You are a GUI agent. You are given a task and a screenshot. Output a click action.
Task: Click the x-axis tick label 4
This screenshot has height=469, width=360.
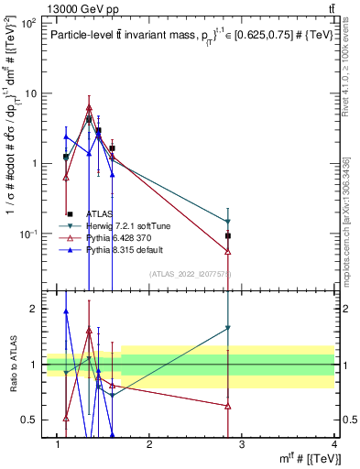[333, 444]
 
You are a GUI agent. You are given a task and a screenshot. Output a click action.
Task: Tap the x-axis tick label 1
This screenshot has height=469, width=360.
[58, 444]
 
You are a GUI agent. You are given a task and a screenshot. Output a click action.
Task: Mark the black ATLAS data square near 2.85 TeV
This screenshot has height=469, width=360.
[227, 236]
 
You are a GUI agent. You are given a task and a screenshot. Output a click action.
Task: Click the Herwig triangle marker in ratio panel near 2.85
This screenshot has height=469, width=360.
[227, 328]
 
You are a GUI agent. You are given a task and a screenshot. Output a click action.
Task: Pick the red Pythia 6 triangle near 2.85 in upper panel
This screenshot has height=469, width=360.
[227, 251]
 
